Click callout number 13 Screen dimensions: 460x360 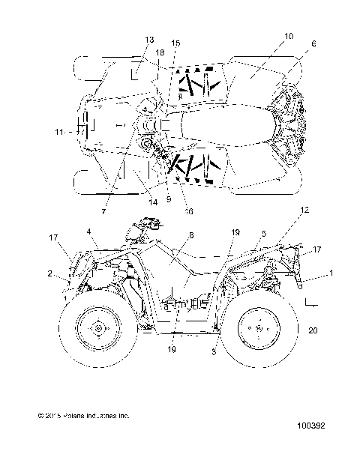pos(150,39)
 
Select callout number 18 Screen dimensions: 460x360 pos(160,51)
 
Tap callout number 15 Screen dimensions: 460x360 pos(175,43)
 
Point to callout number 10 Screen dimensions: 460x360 pos(289,36)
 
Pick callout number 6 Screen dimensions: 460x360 pos(313,44)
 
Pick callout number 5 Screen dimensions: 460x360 pos(264,233)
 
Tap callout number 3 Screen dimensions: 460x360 pos(215,350)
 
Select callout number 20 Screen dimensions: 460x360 pos(313,330)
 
